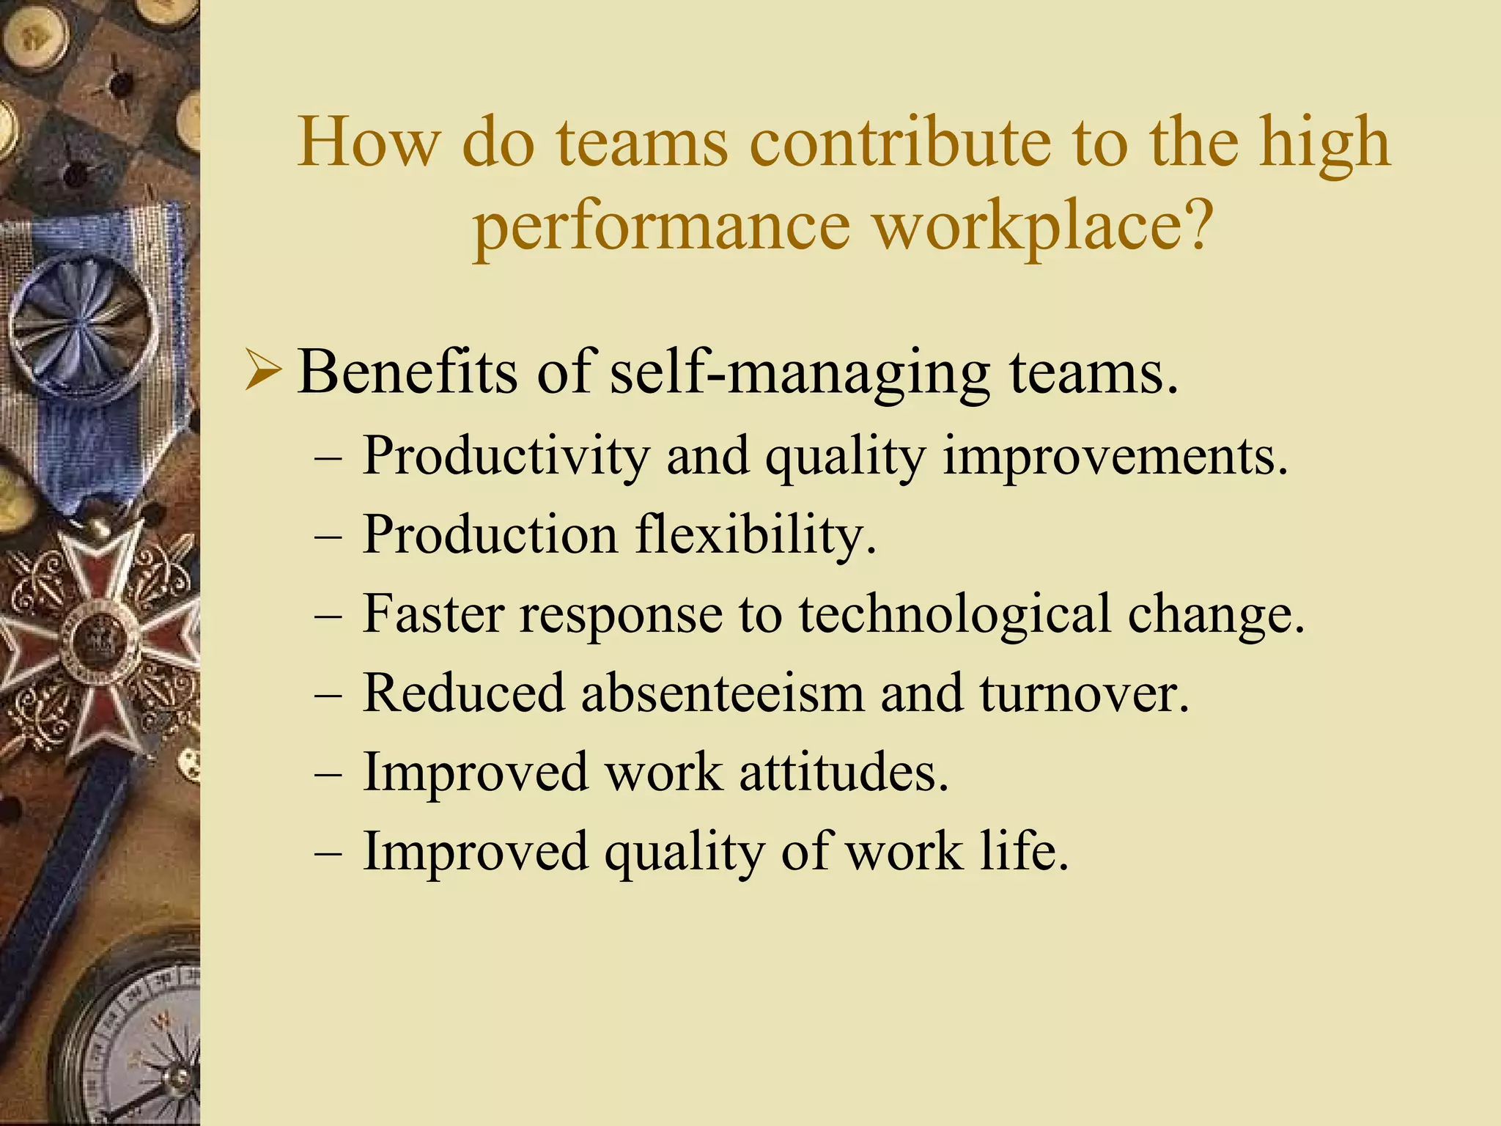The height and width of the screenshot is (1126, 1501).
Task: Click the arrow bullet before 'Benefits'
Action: (x=262, y=371)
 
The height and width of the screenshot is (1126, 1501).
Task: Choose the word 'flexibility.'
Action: (x=756, y=536)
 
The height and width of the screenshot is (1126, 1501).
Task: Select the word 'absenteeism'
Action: (x=723, y=693)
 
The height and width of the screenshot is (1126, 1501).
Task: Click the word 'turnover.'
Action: (x=1084, y=693)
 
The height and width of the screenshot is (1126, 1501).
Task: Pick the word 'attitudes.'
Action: (x=844, y=773)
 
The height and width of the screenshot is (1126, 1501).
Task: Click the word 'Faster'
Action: (x=433, y=614)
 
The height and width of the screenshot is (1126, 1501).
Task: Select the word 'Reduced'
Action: (x=464, y=693)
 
